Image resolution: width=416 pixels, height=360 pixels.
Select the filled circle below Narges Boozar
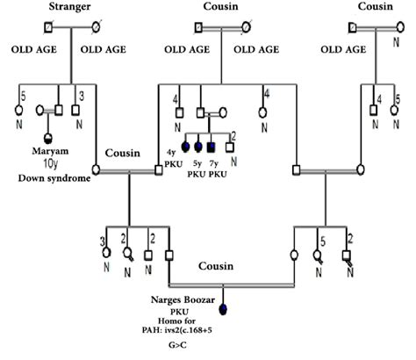pos(223,308)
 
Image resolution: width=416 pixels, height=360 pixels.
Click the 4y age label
pos(171,155)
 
